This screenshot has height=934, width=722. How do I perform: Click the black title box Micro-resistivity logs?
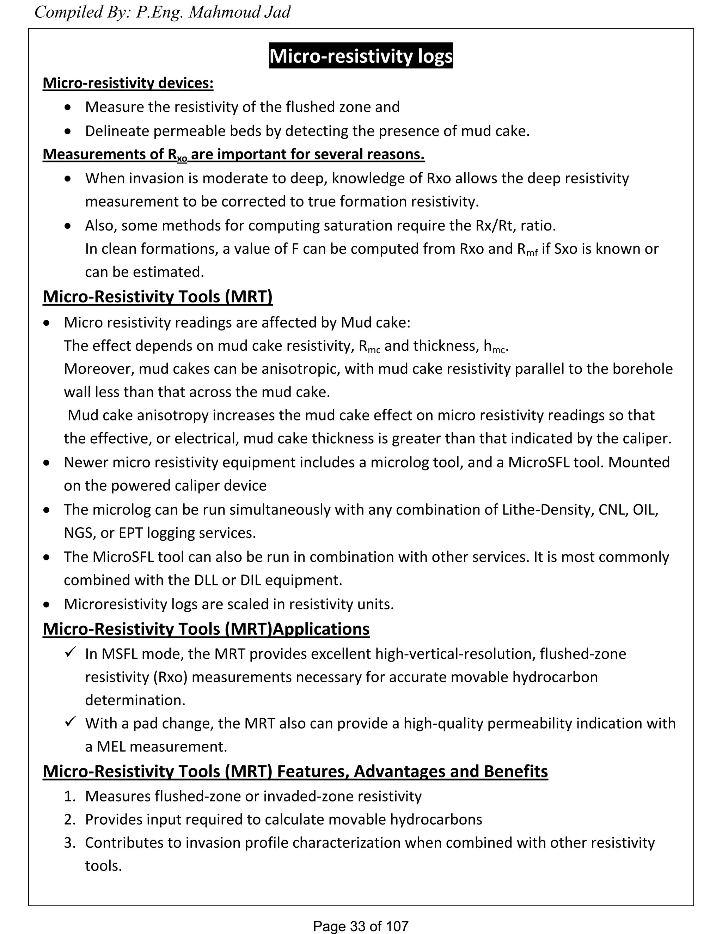click(361, 56)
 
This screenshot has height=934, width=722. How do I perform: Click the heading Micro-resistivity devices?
click(128, 83)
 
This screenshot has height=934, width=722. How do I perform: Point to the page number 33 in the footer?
click(357, 926)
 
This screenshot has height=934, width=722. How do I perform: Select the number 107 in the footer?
click(397, 926)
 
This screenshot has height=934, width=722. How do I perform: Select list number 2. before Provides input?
click(70, 819)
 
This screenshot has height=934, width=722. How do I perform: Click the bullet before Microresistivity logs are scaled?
click(47, 605)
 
